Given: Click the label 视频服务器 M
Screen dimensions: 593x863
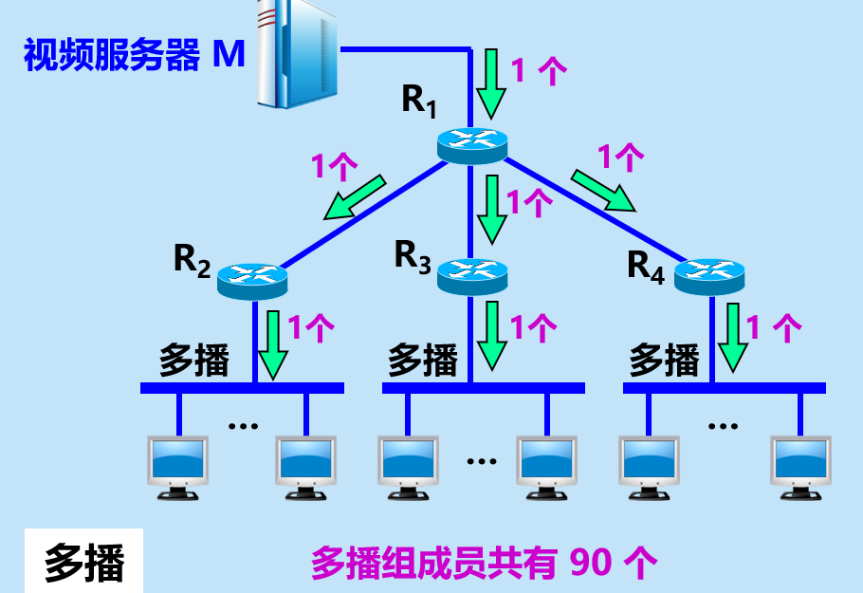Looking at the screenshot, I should click(x=134, y=55).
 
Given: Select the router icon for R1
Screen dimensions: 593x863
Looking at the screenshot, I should click(x=471, y=142).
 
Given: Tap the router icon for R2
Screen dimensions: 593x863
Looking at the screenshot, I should click(x=251, y=278).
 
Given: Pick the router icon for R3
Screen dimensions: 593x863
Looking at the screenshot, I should click(x=471, y=273).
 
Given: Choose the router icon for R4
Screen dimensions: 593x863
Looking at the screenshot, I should click(x=709, y=275).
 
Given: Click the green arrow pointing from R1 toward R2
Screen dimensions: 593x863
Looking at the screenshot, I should click(x=354, y=196).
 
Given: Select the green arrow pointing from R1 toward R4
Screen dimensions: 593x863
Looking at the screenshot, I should click(x=603, y=190).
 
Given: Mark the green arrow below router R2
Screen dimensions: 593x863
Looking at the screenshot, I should click(x=273, y=343).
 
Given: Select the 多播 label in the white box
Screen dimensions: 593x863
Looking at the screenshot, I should click(x=84, y=564).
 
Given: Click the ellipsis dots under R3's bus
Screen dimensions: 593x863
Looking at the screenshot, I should click(x=482, y=462).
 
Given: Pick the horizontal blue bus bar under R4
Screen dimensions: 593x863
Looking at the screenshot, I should click(x=724, y=388).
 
